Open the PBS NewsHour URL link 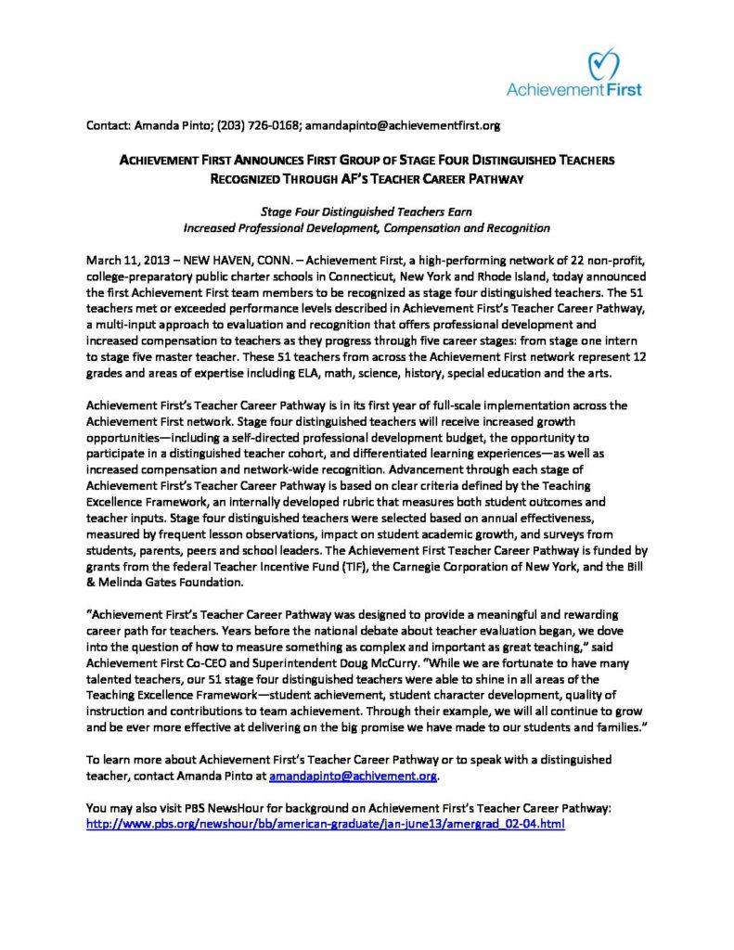[x=325, y=823]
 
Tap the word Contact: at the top [x=109, y=124]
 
